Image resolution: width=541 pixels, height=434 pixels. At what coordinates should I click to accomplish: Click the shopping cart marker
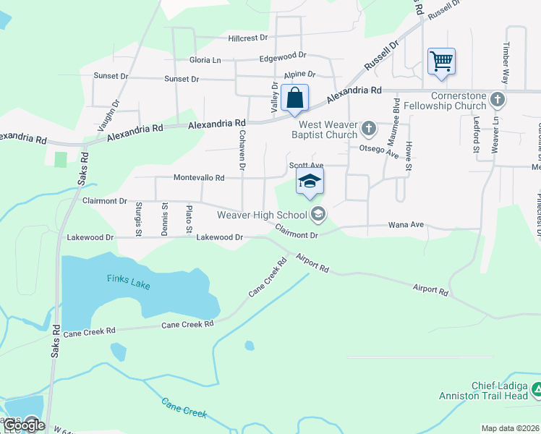441,61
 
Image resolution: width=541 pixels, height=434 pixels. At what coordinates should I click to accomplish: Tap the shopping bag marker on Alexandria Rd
294,98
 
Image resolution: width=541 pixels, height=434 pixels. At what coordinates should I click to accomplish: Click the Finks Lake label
128,281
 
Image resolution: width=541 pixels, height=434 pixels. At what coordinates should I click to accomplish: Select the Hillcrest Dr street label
247,38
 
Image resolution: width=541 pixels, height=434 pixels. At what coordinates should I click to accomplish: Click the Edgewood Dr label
283,55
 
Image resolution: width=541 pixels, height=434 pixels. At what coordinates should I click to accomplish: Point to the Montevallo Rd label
199,177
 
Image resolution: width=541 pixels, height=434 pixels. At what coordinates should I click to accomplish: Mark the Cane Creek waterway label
184,408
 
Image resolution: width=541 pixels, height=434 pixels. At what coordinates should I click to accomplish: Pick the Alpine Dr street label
299,75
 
